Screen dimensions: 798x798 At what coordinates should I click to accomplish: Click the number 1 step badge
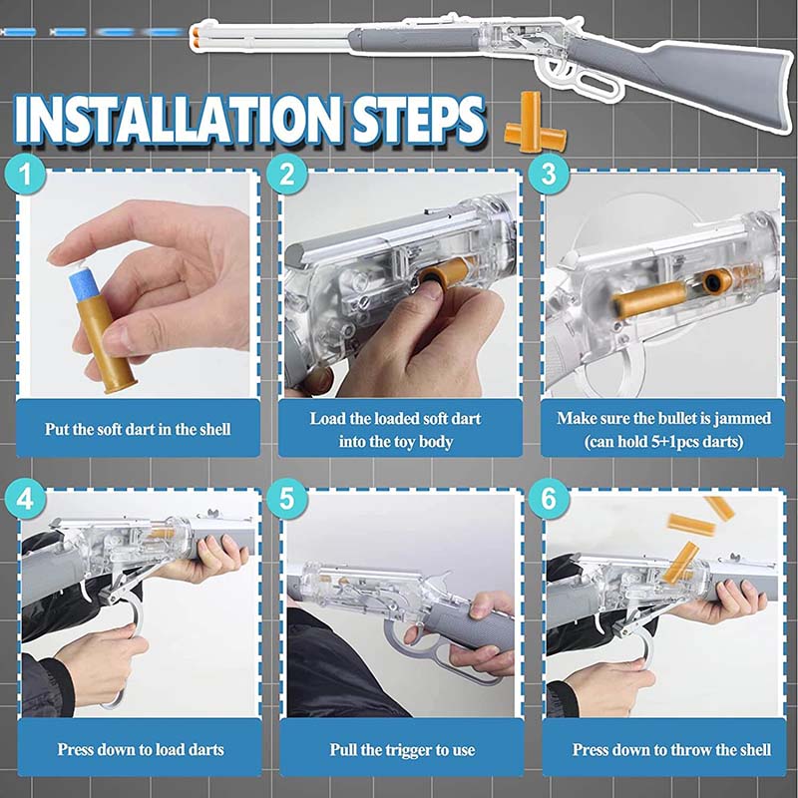(x=26, y=174)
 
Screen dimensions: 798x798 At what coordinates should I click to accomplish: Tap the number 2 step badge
(x=287, y=174)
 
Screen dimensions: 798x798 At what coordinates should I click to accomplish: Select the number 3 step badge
(x=549, y=174)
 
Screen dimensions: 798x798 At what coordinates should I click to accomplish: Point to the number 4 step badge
(x=26, y=499)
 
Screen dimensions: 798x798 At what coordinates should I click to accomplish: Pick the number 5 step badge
(x=287, y=499)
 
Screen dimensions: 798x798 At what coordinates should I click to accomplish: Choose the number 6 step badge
(x=549, y=499)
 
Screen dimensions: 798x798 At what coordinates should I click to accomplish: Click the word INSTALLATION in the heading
(x=178, y=120)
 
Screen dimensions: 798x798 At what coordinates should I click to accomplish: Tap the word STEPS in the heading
(x=418, y=120)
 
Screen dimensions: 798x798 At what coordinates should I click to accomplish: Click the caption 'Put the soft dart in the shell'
(x=138, y=429)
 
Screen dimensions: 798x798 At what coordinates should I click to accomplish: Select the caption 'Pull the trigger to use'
(x=402, y=750)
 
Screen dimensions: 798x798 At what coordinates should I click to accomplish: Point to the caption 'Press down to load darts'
(x=141, y=750)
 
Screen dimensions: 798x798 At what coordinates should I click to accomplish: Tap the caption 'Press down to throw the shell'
(x=671, y=750)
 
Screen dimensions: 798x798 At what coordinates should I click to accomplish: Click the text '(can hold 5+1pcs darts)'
(x=663, y=441)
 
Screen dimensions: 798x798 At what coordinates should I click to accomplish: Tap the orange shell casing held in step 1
(x=106, y=346)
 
